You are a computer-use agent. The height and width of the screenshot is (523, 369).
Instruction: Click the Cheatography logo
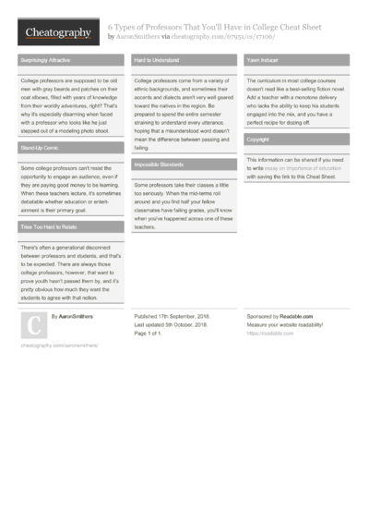[59, 32]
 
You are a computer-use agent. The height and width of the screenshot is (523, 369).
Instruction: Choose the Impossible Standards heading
[159, 164]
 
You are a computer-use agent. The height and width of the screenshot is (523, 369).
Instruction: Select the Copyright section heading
[258, 140]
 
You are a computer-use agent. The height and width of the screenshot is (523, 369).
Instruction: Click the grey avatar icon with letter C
[32, 324]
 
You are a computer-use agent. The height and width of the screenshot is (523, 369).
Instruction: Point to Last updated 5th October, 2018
[174, 324]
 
